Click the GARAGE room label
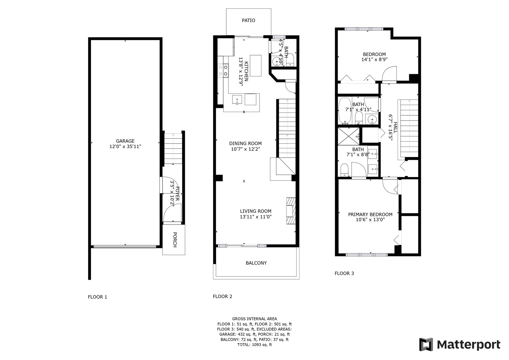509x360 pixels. (125, 141)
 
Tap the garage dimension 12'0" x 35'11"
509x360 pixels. (125, 147)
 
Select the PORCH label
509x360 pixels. (175, 240)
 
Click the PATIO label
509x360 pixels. (248, 20)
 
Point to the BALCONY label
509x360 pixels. (256, 263)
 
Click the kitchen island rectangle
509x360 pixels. (256, 66)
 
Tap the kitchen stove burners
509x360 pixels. (223, 71)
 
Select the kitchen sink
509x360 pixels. (237, 100)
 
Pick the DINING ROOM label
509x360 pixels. (245, 144)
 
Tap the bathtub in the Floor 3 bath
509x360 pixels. (345, 111)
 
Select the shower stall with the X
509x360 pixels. (349, 136)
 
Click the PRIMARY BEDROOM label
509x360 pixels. (370, 214)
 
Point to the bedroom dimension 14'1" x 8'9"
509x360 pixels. (374, 60)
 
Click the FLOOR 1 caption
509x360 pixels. (97, 297)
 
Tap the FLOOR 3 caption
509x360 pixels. (344, 273)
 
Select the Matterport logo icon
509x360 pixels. (426, 345)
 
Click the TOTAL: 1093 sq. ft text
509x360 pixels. (255, 345)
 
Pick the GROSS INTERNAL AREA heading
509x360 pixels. (255, 319)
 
